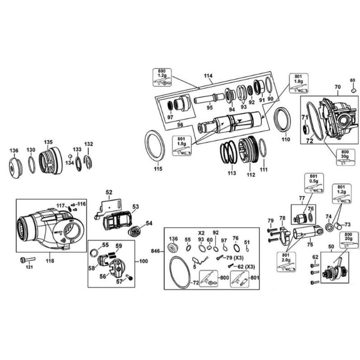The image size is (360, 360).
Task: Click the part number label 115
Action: pos(158,169)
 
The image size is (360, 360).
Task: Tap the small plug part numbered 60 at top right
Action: pos(354,90)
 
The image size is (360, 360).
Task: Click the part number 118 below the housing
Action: pos(50,261)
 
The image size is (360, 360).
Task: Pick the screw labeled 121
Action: pos(28,260)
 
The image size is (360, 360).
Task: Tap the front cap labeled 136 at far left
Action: pos(15,168)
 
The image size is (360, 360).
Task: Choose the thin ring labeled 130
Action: pos(32,165)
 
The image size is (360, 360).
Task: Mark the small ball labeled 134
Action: pos(71,156)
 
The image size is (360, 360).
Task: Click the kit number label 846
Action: pos(156,251)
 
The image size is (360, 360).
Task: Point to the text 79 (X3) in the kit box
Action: pos(235,258)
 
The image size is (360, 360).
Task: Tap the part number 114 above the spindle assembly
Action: pos(208,76)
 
